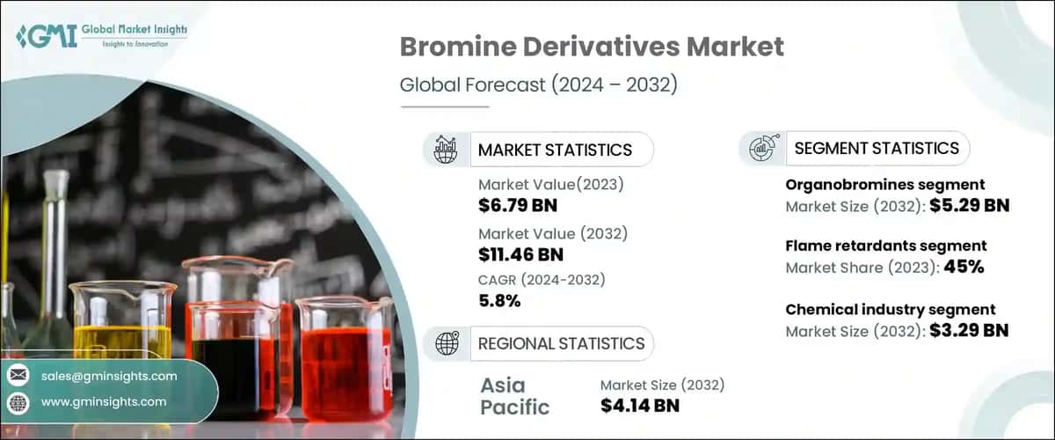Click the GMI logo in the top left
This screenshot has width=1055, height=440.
pyautogui.click(x=101, y=37)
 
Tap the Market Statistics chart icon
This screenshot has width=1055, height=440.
pyautogui.click(x=447, y=150)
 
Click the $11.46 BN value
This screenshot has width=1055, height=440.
pyautogui.click(x=521, y=254)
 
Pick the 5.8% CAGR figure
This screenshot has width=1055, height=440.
pyautogui.click(x=499, y=301)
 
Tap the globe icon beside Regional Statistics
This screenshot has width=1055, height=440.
pyautogui.click(x=447, y=343)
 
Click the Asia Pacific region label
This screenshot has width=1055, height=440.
pyautogui.click(x=515, y=395)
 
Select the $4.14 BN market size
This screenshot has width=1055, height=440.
pyautogui.click(x=640, y=406)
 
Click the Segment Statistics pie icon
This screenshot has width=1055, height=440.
pyautogui.click(x=761, y=149)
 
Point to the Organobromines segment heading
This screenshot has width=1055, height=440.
pyautogui.click(x=884, y=185)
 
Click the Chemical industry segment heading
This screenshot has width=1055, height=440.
pyautogui.click(x=890, y=309)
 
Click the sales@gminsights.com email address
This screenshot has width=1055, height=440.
pyautogui.click(x=109, y=376)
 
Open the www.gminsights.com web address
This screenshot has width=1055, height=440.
pyautogui.click(x=104, y=401)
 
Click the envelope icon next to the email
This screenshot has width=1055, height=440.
pyautogui.click(x=18, y=376)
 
